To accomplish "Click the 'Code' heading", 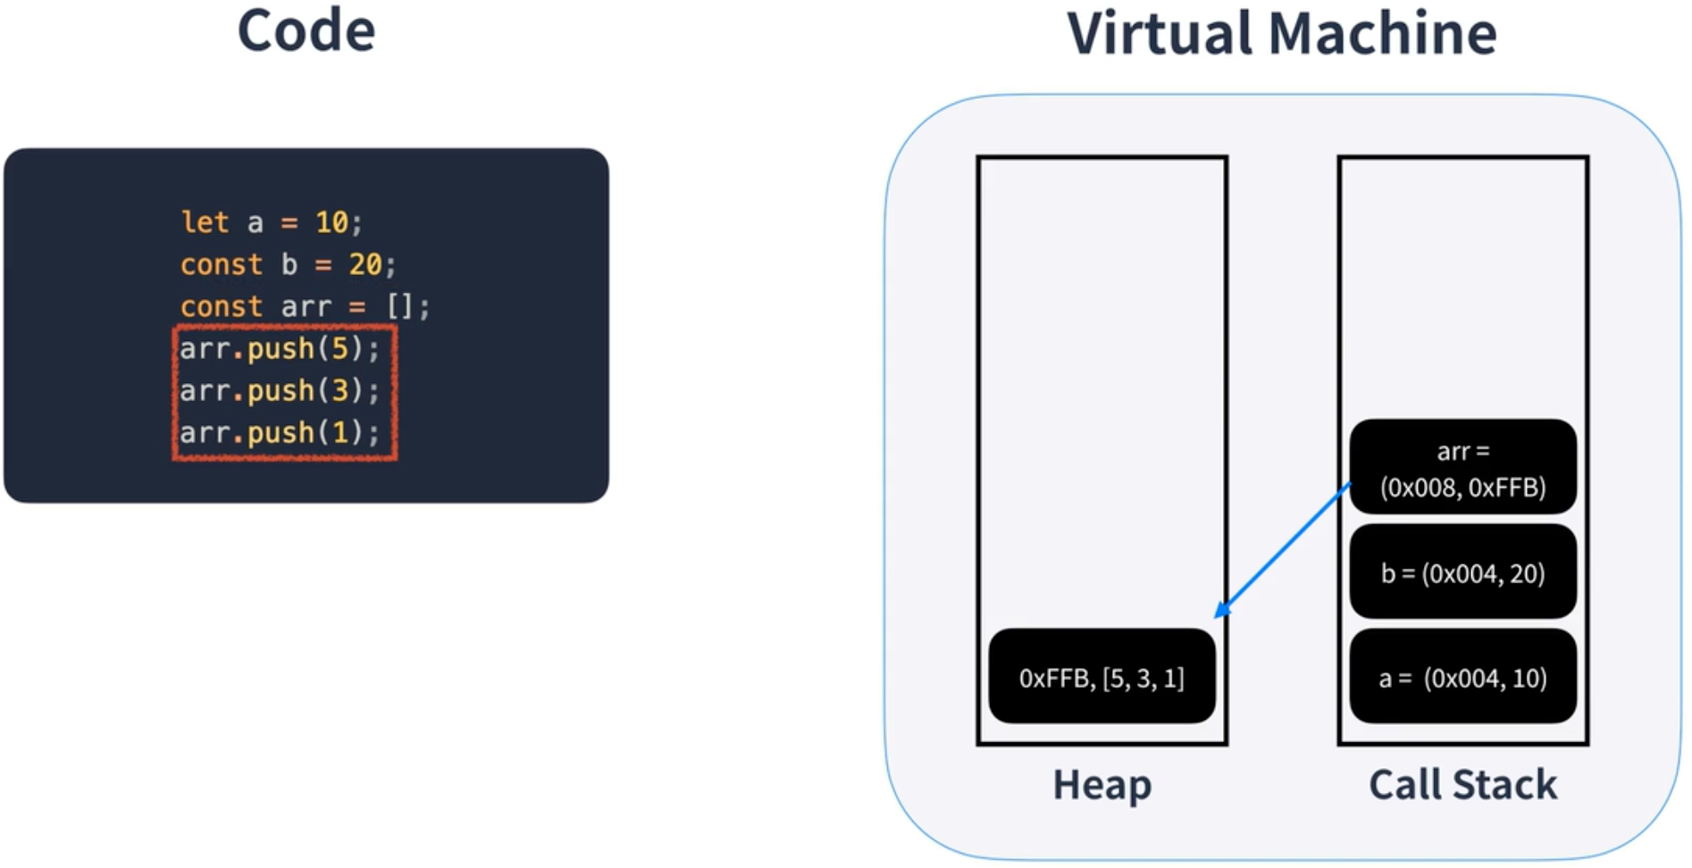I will pos(306,31).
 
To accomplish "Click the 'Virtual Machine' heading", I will pos(1281,34).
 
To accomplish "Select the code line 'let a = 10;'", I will pos(272,221).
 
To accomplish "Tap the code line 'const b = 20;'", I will pos(288,264).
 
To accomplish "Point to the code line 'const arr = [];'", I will pos(305,306).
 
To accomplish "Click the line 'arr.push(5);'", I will pos(280,348).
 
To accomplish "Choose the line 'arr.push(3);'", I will pos(280,390).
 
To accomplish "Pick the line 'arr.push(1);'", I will pos(280,432).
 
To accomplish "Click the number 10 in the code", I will pos(331,221).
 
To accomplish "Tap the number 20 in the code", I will pos(364,264).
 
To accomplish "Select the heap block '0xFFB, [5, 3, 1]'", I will pos(1101,677).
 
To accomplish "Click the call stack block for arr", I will pos(1462,467).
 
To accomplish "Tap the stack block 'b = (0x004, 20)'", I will pos(1462,572).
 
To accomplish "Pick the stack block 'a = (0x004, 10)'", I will pos(1462,677).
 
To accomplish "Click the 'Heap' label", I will pos(1101,785).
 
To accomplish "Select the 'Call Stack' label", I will pos(1462,785).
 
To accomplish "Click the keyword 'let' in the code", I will pos(205,221).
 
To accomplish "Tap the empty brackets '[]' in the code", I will pos(399,306).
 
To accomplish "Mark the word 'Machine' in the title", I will pos(1381,34).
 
